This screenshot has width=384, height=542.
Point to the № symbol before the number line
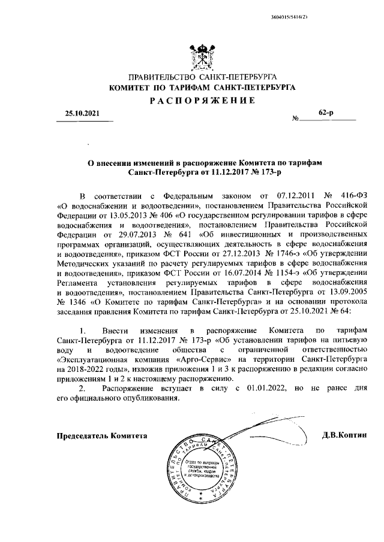[x=295, y=119]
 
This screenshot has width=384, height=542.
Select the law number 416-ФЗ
[x=347, y=195]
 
